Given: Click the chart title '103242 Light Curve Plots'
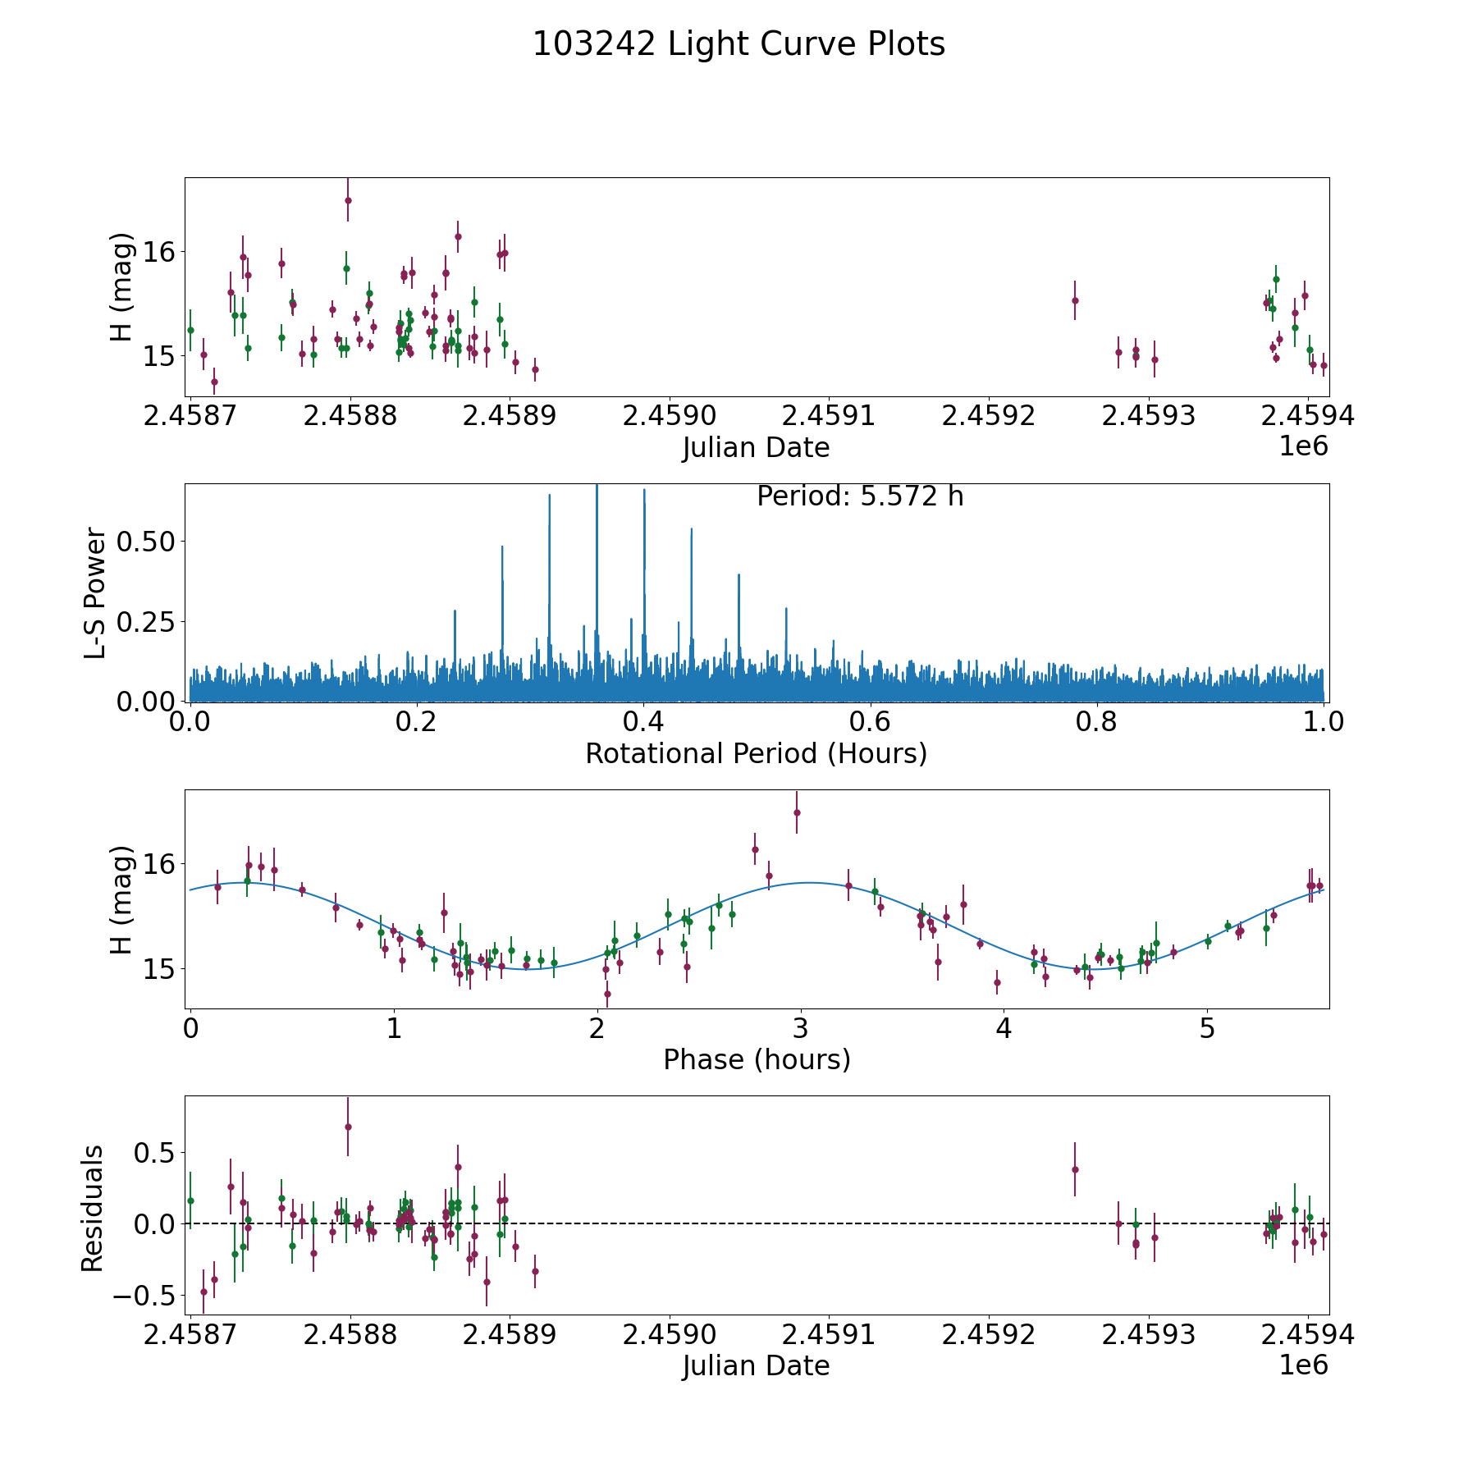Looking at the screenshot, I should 738,44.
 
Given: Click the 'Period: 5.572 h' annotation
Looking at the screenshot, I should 860,496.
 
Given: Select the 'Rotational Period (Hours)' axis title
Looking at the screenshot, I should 756,753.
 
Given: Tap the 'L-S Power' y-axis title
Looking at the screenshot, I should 95,592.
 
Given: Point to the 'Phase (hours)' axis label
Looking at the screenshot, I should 757,1059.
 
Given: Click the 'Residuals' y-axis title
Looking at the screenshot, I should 92,1208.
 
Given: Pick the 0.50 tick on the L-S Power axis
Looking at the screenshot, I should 148,542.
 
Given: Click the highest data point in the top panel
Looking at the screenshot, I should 348,200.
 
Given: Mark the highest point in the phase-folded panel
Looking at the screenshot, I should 797,812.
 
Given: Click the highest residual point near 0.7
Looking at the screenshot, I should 348,1127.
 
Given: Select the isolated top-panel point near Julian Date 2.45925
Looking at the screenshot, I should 1075,300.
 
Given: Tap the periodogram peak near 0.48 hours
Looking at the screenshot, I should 738,576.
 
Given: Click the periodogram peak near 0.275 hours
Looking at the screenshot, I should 502,547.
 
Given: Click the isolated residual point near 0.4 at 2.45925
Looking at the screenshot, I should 1075,1169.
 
